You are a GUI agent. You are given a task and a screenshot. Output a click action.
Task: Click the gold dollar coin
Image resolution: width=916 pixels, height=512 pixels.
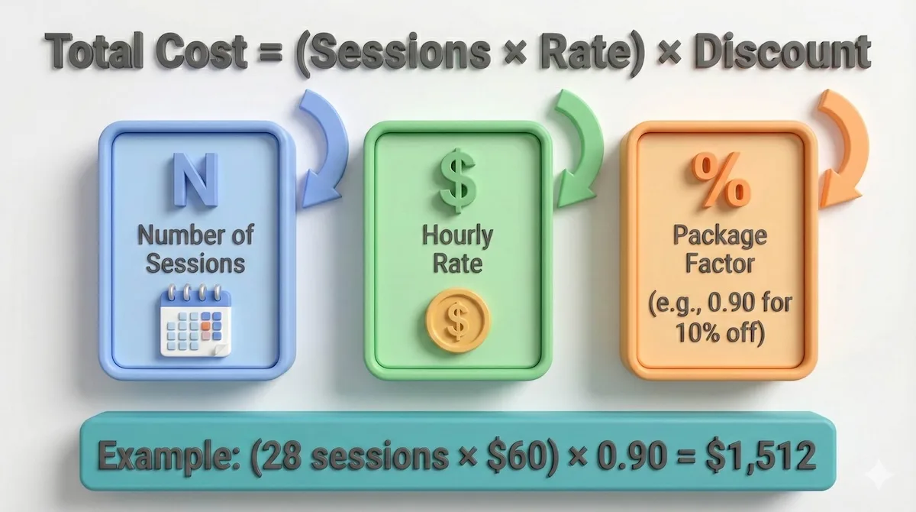[x=457, y=320]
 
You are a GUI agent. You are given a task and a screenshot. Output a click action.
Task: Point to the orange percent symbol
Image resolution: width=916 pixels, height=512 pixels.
[x=718, y=183]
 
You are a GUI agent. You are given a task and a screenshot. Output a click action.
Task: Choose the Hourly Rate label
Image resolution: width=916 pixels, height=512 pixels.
[x=456, y=249]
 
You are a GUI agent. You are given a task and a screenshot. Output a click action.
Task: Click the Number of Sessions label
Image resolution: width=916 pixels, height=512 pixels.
[x=195, y=249]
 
